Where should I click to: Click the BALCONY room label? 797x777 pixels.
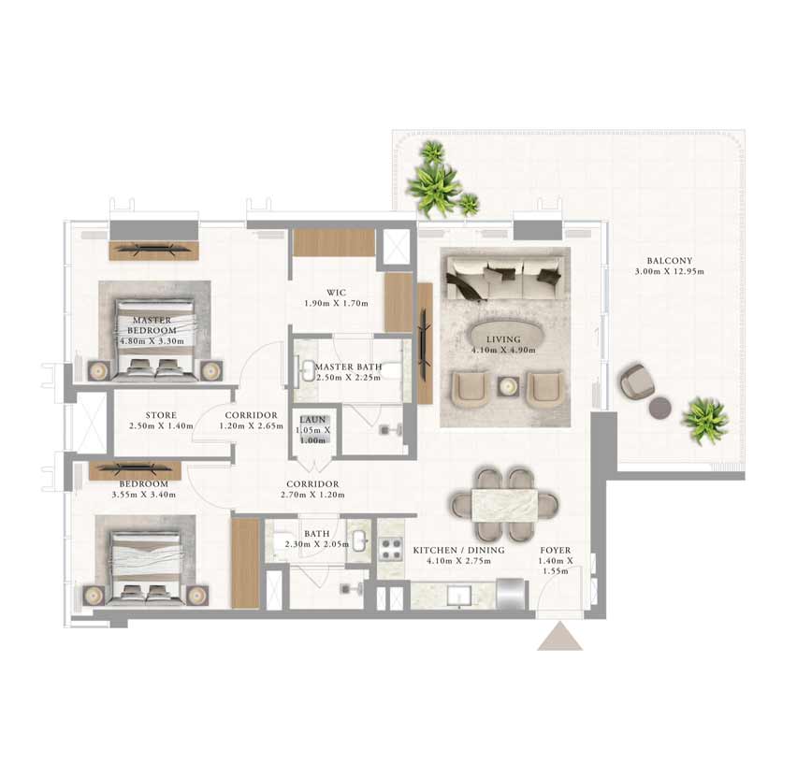pyautogui.click(x=670, y=261)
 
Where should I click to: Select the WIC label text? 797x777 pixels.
pyautogui.click(x=336, y=293)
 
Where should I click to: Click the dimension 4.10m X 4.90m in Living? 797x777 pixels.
pyautogui.click(x=503, y=350)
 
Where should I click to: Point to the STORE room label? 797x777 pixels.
pyautogui.click(x=161, y=415)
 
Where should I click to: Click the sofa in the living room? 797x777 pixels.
pyautogui.click(x=505, y=278)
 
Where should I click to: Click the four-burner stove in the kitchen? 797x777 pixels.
pyautogui.click(x=391, y=549)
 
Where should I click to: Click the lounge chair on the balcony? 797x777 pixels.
pyautogui.click(x=636, y=381)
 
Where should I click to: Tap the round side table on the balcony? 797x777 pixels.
pyautogui.click(x=660, y=407)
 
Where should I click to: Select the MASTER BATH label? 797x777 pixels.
pyautogui.click(x=349, y=367)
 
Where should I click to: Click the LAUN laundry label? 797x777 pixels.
pyautogui.click(x=312, y=420)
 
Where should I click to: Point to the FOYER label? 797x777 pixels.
pyautogui.click(x=556, y=551)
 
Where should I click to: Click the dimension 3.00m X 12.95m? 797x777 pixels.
pyautogui.click(x=670, y=271)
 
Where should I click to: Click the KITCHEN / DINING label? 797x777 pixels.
pyautogui.click(x=459, y=551)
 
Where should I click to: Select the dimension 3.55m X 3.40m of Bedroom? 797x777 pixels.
pyautogui.click(x=144, y=495)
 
